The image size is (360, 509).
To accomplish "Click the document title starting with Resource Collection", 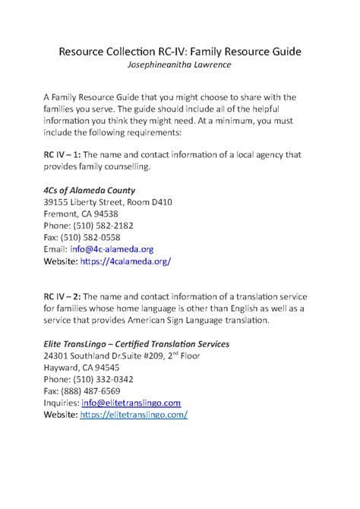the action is [x=180, y=51].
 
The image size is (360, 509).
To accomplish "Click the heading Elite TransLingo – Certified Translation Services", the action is [x=147, y=343].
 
